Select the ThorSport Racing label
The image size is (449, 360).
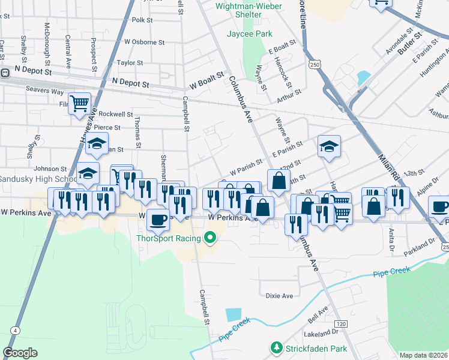click(170, 238)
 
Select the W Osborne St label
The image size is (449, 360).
click(144, 42)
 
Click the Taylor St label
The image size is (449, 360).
click(130, 62)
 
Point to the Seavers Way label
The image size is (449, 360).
click(44, 91)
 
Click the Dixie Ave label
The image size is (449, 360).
click(279, 296)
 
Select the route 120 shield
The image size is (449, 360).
click(341, 324)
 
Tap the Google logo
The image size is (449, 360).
click(20, 353)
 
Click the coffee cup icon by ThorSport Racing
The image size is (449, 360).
click(158, 220)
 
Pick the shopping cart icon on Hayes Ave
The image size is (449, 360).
click(79, 104)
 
